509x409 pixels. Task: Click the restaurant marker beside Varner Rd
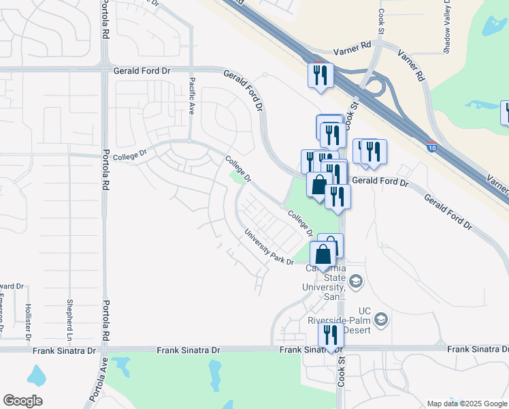[x=320, y=75]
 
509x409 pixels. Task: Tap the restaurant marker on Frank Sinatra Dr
[x=331, y=336]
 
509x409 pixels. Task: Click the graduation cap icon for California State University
[x=355, y=281]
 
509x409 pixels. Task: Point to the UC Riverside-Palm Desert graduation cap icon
[x=381, y=318]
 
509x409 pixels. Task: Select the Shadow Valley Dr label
[x=448, y=27]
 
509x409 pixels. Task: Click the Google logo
[x=22, y=401]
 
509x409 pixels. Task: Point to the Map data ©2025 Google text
[x=466, y=404]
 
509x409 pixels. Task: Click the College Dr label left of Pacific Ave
[x=130, y=156]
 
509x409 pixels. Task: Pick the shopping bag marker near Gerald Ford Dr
[x=318, y=184]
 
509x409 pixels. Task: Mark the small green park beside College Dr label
[x=237, y=177]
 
